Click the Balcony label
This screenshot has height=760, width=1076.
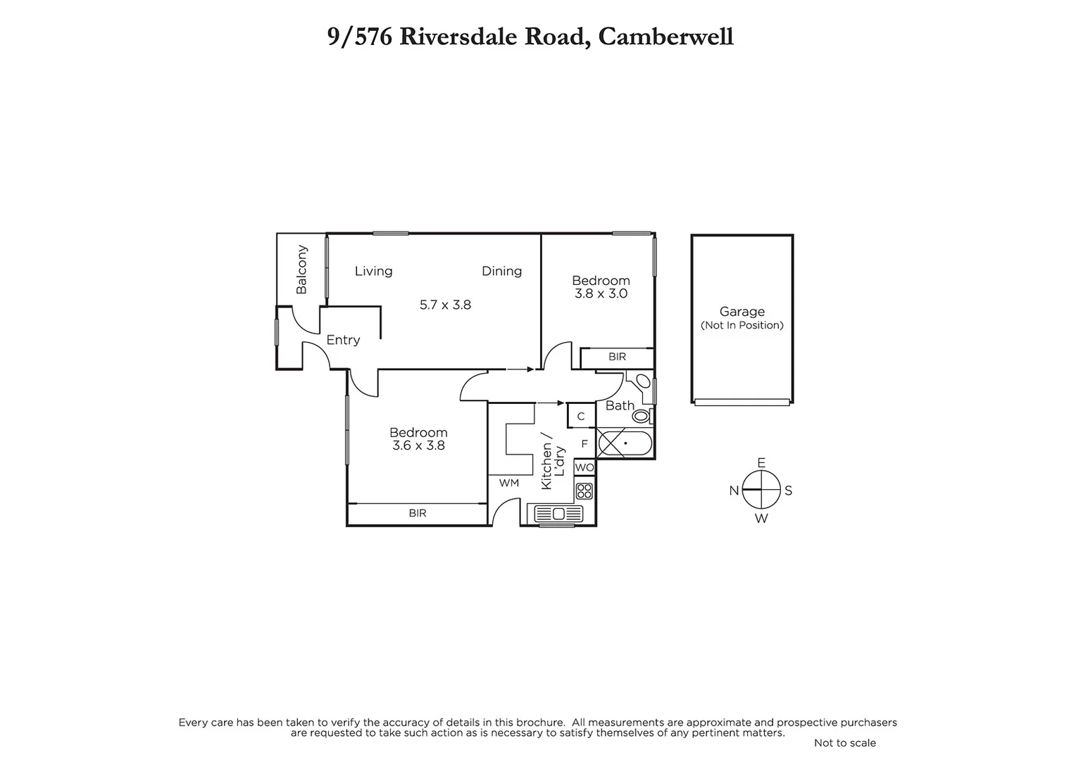[x=302, y=270]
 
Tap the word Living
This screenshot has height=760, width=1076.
[x=373, y=271]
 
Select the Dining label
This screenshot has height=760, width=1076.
[x=501, y=271]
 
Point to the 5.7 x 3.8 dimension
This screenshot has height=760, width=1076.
[x=445, y=305]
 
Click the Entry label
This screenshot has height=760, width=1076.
[x=343, y=340]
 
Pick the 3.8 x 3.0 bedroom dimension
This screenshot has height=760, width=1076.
[x=601, y=293]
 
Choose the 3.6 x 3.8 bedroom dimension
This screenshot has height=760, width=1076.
[x=418, y=445]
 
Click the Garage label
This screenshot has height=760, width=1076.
[x=742, y=311]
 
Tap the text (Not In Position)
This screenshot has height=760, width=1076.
[x=742, y=325]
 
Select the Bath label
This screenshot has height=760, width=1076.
[x=620, y=405]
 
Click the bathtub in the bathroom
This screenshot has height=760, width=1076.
[x=625, y=443]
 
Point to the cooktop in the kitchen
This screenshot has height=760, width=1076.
[x=584, y=490]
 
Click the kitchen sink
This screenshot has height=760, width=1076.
[x=558, y=513]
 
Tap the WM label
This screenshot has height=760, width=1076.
[x=508, y=483]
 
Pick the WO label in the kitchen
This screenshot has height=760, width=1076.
[x=584, y=467]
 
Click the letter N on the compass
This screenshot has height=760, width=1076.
[x=734, y=490]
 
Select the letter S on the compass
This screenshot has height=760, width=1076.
[x=789, y=490]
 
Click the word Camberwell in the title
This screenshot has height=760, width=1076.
[x=665, y=37]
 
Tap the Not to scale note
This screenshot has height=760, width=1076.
[x=844, y=743]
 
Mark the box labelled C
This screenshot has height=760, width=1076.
[x=581, y=417]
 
